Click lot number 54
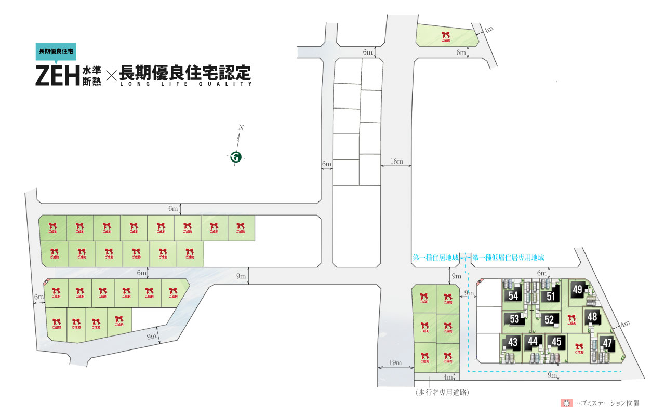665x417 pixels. [514, 296]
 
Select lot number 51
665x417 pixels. [551, 296]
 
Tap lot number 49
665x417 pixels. [578, 290]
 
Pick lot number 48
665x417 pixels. [592, 316]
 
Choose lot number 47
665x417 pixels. [607, 343]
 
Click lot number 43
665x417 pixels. [513, 343]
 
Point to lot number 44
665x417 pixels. [532, 342]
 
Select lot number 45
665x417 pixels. [556, 342]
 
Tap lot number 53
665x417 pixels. [515, 319]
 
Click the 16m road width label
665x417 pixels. [396, 162]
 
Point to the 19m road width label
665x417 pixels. [395, 363]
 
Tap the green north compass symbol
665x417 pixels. [236, 156]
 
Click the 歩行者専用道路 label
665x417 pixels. [443, 393]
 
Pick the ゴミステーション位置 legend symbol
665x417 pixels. [566, 403]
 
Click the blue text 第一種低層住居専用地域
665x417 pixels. [509, 257]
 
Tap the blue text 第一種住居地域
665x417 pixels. [435, 257]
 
